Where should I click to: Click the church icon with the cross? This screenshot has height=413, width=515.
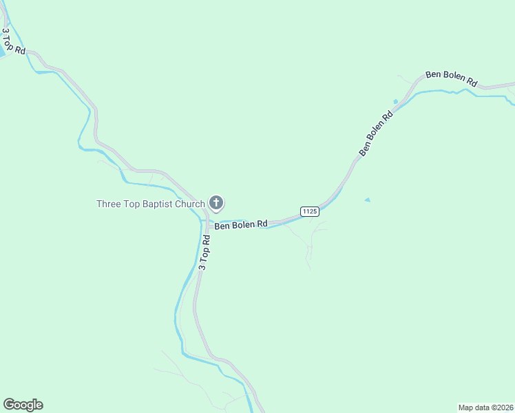[x=216, y=202]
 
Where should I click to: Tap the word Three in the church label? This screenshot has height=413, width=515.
[x=108, y=204]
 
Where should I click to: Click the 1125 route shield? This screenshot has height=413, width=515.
[x=309, y=211]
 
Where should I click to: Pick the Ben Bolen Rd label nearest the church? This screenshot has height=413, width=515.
[x=241, y=225]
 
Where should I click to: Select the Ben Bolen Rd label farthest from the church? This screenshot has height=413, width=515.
[x=451, y=78]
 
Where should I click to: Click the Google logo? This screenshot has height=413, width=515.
[x=23, y=405]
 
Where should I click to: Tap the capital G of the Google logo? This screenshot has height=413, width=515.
[x=8, y=405]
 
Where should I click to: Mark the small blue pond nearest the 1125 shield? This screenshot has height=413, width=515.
[x=367, y=200]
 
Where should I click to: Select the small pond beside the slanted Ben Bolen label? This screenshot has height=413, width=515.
[x=395, y=102]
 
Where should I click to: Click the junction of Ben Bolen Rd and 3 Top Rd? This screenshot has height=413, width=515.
[x=207, y=222]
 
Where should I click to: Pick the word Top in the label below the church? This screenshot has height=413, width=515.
[x=204, y=251]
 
